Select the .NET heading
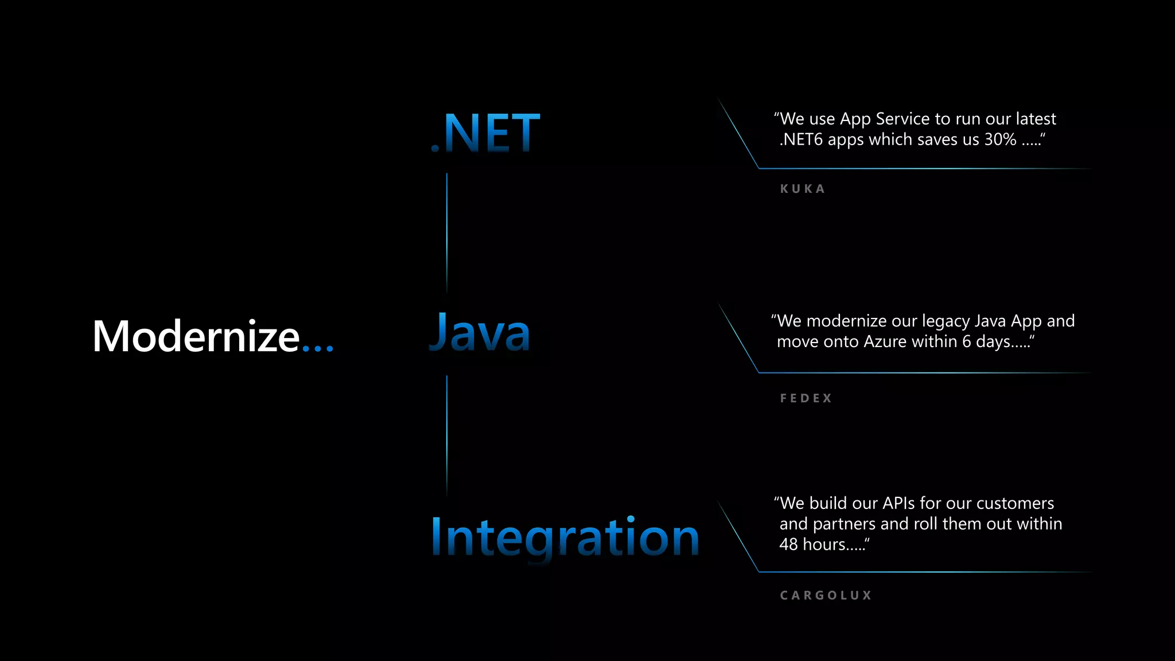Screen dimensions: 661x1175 [485, 133]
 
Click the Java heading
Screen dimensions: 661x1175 [480, 333]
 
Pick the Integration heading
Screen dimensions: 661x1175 [565, 537]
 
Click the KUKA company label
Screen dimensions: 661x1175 [803, 189]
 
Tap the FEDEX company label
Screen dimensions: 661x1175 [806, 398]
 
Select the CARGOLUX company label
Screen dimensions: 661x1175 [826, 596]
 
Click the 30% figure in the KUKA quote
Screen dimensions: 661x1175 [1000, 139]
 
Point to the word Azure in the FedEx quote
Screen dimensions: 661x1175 [885, 341]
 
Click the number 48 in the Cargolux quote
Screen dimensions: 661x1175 [788, 544]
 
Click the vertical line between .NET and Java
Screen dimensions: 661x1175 [447, 232]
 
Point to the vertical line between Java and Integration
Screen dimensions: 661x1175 [447, 435]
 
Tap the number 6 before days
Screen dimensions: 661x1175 [967, 341]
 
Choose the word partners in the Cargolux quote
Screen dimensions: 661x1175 [844, 524]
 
